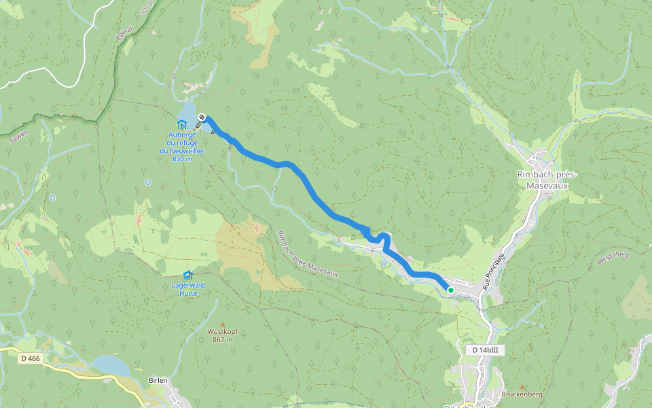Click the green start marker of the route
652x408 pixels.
point(450,290)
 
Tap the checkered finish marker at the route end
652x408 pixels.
point(202,118)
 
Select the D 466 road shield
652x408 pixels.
point(31,358)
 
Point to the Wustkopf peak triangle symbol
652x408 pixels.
point(222,324)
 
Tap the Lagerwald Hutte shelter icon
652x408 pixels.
point(187,275)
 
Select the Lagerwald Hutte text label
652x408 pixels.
point(185,289)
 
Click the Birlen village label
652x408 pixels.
point(158,381)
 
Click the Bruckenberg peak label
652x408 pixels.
point(521,394)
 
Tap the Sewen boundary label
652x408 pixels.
point(18,137)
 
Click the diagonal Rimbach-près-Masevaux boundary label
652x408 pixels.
point(307,253)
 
